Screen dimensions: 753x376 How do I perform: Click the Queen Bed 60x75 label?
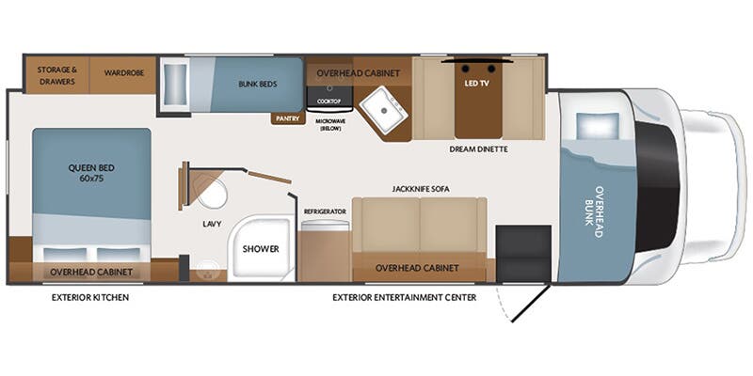click(x=91, y=173)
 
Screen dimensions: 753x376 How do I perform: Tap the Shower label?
click(x=261, y=249)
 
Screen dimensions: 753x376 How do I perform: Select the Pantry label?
click(x=288, y=118)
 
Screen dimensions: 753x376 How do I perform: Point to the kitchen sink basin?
click(x=384, y=110)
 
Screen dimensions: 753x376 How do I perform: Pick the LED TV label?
click(x=477, y=83)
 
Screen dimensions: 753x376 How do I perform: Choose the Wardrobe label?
click(x=124, y=73)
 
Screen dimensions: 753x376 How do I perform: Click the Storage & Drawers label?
click(x=57, y=76)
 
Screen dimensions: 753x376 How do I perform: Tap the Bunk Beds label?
click(x=257, y=84)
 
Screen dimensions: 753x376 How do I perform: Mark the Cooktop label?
click(x=328, y=102)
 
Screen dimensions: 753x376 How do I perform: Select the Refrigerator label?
click(x=325, y=211)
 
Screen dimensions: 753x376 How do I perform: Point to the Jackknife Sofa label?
click(x=421, y=190)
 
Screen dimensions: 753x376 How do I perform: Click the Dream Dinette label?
click(x=478, y=149)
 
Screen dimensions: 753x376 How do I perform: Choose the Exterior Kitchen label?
click(x=90, y=298)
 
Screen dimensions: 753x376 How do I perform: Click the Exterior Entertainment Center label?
click(x=405, y=298)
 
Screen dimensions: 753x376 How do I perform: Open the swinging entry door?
click(x=531, y=304)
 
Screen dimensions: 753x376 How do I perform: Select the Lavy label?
click(x=212, y=224)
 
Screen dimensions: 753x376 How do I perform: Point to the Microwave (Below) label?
click(x=330, y=125)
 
